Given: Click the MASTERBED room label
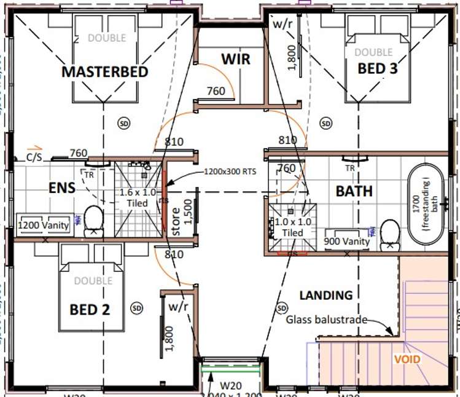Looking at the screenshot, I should [105, 72].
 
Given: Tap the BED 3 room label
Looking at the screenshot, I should [377, 68].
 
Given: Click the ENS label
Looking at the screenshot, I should [62, 187].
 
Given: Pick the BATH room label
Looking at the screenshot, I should [354, 191].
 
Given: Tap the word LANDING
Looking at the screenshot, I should [326, 295].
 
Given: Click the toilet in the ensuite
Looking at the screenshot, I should [93, 219].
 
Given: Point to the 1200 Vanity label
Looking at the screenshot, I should [43, 226].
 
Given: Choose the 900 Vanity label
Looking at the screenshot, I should [347, 242].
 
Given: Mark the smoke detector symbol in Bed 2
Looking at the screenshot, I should [136, 307].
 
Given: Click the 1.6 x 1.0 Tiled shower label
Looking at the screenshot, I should [138, 198].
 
